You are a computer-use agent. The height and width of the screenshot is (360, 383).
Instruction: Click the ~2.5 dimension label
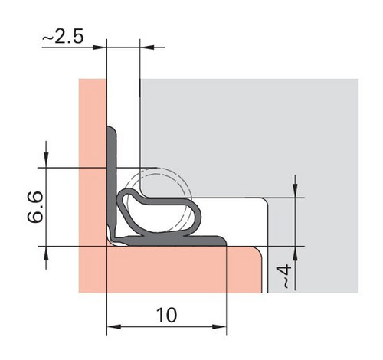(63, 37)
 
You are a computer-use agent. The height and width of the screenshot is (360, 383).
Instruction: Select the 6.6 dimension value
(35, 207)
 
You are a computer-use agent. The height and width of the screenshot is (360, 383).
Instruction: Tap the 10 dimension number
(166, 315)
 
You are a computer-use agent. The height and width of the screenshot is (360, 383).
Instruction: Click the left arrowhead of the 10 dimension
(113, 326)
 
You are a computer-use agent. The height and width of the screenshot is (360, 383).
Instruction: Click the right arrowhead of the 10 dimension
(219, 326)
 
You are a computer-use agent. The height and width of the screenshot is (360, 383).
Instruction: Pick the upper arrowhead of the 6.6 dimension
(46, 160)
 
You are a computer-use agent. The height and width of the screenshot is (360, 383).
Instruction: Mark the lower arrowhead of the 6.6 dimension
(46, 254)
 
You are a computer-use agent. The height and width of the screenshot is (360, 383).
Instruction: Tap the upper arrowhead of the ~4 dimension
(295, 190)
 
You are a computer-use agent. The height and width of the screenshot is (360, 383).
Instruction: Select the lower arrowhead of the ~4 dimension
(295, 254)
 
